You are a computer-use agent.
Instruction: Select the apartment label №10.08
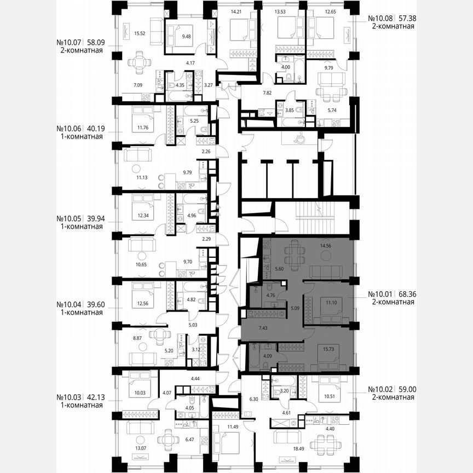pos(379,18)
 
